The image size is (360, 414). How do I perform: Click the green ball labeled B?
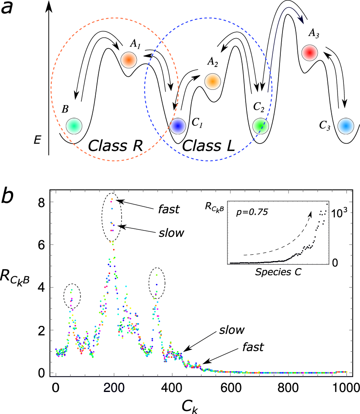tap(74, 126)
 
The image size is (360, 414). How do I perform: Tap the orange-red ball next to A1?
tap(128, 60)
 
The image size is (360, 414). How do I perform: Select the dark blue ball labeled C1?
tap(177, 125)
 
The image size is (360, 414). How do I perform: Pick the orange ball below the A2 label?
tap(212, 81)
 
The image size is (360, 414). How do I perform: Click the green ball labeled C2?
tap(260, 125)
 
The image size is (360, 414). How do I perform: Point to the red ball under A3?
tap(309, 52)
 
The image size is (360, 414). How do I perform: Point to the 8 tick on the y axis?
tap(42, 202)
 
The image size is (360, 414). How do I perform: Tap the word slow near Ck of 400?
tap(233, 330)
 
